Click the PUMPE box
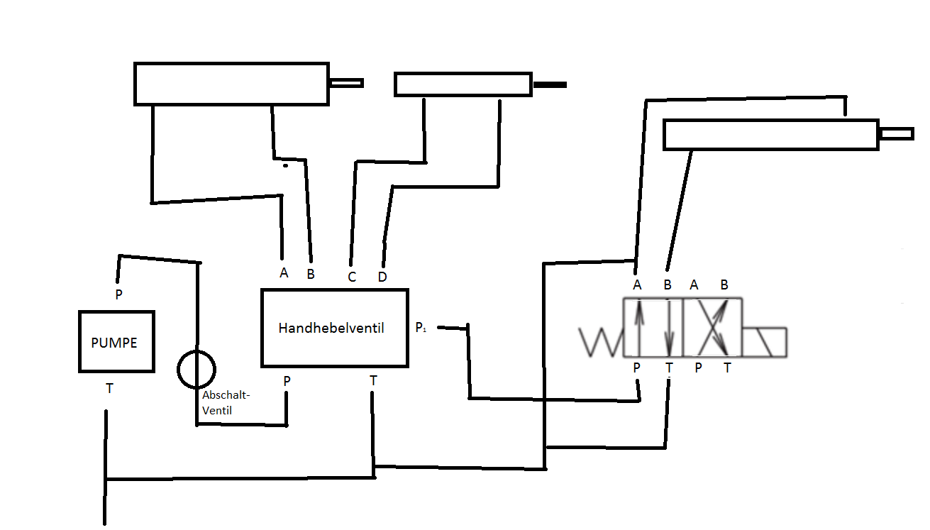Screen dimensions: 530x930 tap(116, 341)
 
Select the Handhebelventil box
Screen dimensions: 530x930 tap(334, 328)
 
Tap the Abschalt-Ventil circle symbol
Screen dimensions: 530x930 tap(196, 368)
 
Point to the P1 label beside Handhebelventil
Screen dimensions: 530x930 tap(421, 328)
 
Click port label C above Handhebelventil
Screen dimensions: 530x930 tap(352, 277)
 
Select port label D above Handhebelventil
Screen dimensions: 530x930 tap(382, 277)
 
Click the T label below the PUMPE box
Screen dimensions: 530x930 tap(109, 388)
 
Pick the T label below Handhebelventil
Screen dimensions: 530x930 tap(373, 381)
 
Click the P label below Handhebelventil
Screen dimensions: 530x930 tap(287, 381)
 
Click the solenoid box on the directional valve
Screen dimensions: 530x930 tap(765, 342)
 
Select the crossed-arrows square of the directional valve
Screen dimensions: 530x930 tap(713, 328)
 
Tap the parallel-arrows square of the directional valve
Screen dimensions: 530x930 tap(653, 328)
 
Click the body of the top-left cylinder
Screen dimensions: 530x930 tap(231, 84)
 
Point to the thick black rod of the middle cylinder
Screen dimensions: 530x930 tap(550, 85)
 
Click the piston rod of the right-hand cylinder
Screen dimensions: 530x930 tap(896, 133)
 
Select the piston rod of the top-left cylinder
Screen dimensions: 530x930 tap(346, 83)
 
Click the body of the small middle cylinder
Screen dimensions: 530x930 tap(463, 84)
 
